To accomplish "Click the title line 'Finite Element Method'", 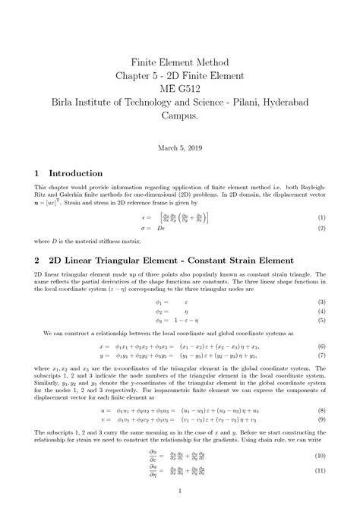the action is click(179, 62).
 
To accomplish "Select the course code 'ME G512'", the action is click(179, 89).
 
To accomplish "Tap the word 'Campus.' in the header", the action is click(180, 117).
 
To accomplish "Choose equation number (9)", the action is click(322, 419).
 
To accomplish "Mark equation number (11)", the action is click(321, 469).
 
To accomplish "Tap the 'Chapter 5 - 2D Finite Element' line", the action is click(179, 75).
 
